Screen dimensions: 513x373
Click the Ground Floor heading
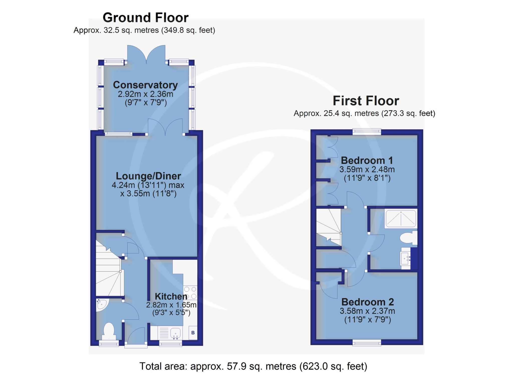[x=146, y=18]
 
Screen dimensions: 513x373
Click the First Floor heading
[x=366, y=101]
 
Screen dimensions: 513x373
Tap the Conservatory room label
[x=145, y=85]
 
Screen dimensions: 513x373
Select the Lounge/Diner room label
[x=148, y=176]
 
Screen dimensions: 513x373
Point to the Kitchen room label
[x=171, y=296]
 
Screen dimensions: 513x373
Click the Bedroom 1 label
[x=367, y=160]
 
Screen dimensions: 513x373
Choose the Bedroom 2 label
[x=367, y=302]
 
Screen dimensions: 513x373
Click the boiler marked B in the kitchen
[x=193, y=333]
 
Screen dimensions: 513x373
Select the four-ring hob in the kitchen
[x=190, y=293]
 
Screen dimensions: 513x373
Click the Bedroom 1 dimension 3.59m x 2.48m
[x=367, y=170]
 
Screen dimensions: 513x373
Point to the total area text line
[x=253, y=366]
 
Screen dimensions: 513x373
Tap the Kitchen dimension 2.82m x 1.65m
[x=171, y=305]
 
